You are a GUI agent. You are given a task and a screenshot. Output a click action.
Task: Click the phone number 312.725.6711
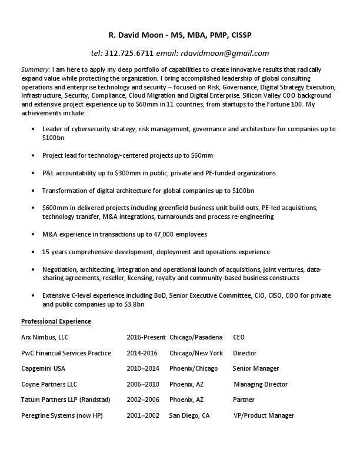coord(129,52)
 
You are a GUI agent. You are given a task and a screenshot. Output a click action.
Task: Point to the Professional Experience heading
coord(56,321)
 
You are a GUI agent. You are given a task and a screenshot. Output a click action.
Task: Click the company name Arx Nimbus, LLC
coord(45,337)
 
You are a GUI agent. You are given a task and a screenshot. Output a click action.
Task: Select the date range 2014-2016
coord(142,353)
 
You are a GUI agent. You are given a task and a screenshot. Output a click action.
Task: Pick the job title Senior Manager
coord(255,368)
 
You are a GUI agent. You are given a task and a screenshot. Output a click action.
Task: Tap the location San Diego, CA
coord(189,415)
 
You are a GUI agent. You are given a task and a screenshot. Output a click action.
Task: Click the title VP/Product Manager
coord(264,415)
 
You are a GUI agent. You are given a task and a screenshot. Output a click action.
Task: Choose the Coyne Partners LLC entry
coord(49,384)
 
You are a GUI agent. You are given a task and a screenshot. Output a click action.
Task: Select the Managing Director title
coord(261,384)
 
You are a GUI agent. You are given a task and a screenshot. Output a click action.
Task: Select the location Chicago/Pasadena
coord(196,337)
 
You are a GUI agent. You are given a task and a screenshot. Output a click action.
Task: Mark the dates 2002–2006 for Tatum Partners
coord(142,399)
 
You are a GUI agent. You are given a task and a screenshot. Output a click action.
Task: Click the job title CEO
coord(239,337)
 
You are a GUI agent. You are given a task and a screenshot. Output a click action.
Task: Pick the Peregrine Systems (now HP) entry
coord(62,415)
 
